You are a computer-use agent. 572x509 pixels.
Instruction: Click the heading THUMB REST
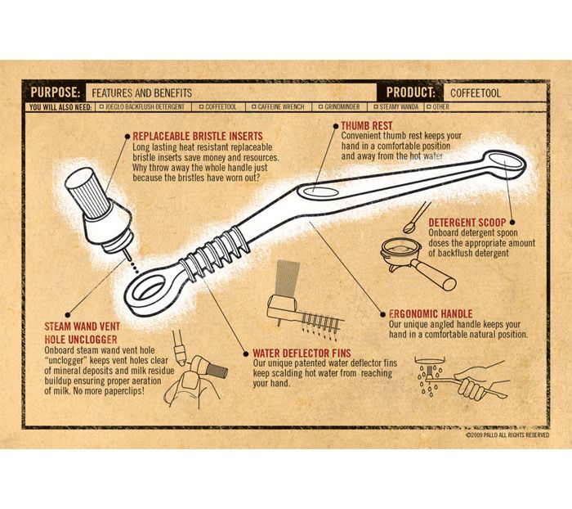(367, 126)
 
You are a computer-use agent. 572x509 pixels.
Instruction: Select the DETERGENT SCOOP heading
(467, 223)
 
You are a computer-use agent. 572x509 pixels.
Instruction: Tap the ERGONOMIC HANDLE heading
(431, 314)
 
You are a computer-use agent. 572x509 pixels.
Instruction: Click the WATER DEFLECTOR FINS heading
(302, 354)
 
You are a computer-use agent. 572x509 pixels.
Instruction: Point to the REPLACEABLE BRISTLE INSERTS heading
(198, 137)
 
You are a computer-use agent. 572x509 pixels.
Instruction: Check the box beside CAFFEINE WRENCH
(254, 107)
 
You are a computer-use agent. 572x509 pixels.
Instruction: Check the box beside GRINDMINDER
(320, 107)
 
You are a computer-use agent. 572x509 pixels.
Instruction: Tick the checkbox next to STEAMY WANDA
(376, 107)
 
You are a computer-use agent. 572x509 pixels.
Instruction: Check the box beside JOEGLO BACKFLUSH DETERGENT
(102, 107)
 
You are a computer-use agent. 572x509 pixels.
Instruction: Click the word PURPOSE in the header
(55, 92)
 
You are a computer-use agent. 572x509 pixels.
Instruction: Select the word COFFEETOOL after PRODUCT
(476, 93)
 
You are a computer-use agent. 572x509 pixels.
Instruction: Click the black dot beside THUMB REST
(336, 126)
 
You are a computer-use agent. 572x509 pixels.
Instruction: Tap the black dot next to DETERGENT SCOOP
(512, 222)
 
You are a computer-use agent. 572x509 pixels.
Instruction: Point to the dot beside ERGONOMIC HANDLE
(382, 314)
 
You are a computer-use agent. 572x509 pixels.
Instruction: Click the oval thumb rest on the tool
(317, 191)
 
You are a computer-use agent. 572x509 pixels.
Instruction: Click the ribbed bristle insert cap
(87, 192)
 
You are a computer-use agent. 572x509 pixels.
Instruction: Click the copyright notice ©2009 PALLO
(507, 435)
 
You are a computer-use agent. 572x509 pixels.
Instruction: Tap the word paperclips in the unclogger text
(117, 391)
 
